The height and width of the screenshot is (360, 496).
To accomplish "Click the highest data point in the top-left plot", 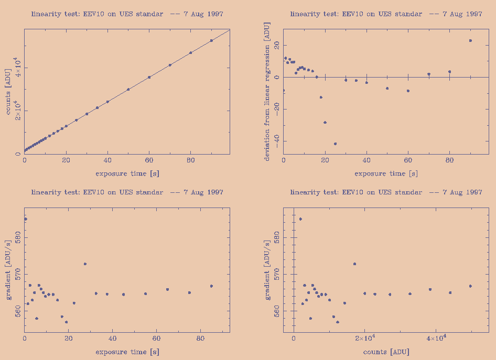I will (x=211, y=40).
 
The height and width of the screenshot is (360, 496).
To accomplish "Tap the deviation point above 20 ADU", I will (x=470, y=40).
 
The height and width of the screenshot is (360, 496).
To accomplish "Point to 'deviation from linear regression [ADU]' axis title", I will (x=267, y=94).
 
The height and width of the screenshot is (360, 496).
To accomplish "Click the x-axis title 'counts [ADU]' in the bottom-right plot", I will (x=386, y=352).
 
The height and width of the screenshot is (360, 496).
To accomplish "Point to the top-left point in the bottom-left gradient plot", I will (x=25, y=219).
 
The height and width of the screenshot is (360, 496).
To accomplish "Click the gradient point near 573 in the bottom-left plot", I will (x=85, y=264).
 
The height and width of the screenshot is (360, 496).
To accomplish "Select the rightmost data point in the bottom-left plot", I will (x=211, y=286).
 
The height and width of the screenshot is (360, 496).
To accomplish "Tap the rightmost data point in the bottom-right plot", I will (x=470, y=286).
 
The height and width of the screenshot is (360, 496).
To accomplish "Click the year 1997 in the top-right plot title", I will (x=473, y=14).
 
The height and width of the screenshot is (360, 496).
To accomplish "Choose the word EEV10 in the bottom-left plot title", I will (x=95, y=192).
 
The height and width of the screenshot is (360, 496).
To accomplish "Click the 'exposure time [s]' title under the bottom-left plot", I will (x=127, y=352).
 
